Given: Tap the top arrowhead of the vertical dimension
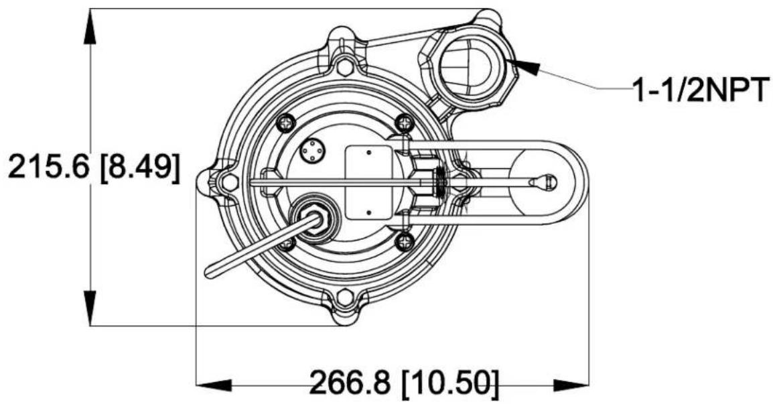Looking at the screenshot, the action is pos(90,27).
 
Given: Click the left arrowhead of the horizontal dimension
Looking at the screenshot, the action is pos(214,385).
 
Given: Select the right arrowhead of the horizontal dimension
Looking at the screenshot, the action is pos(571,385).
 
